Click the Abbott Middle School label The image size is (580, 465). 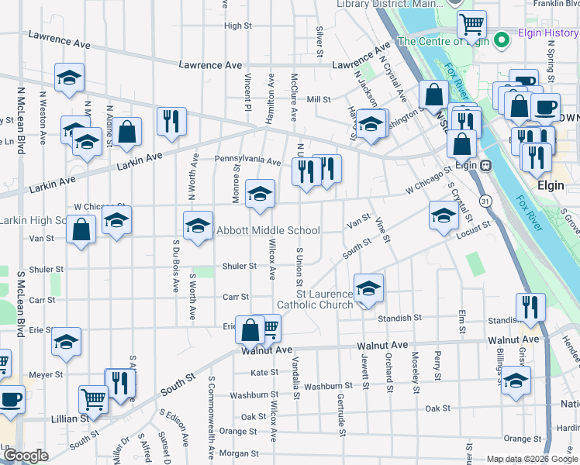[268, 230]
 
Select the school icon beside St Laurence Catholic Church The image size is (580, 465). [368, 288]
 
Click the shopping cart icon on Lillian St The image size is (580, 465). [93, 399]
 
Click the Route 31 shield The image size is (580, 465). [484, 201]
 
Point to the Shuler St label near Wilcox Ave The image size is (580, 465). [240, 266]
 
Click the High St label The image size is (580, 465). [238, 26]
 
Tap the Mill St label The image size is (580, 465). [319, 99]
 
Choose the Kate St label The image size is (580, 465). [264, 373]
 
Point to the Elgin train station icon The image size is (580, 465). [487, 164]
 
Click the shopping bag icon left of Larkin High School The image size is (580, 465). [81, 229]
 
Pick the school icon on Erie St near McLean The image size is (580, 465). [67, 341]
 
